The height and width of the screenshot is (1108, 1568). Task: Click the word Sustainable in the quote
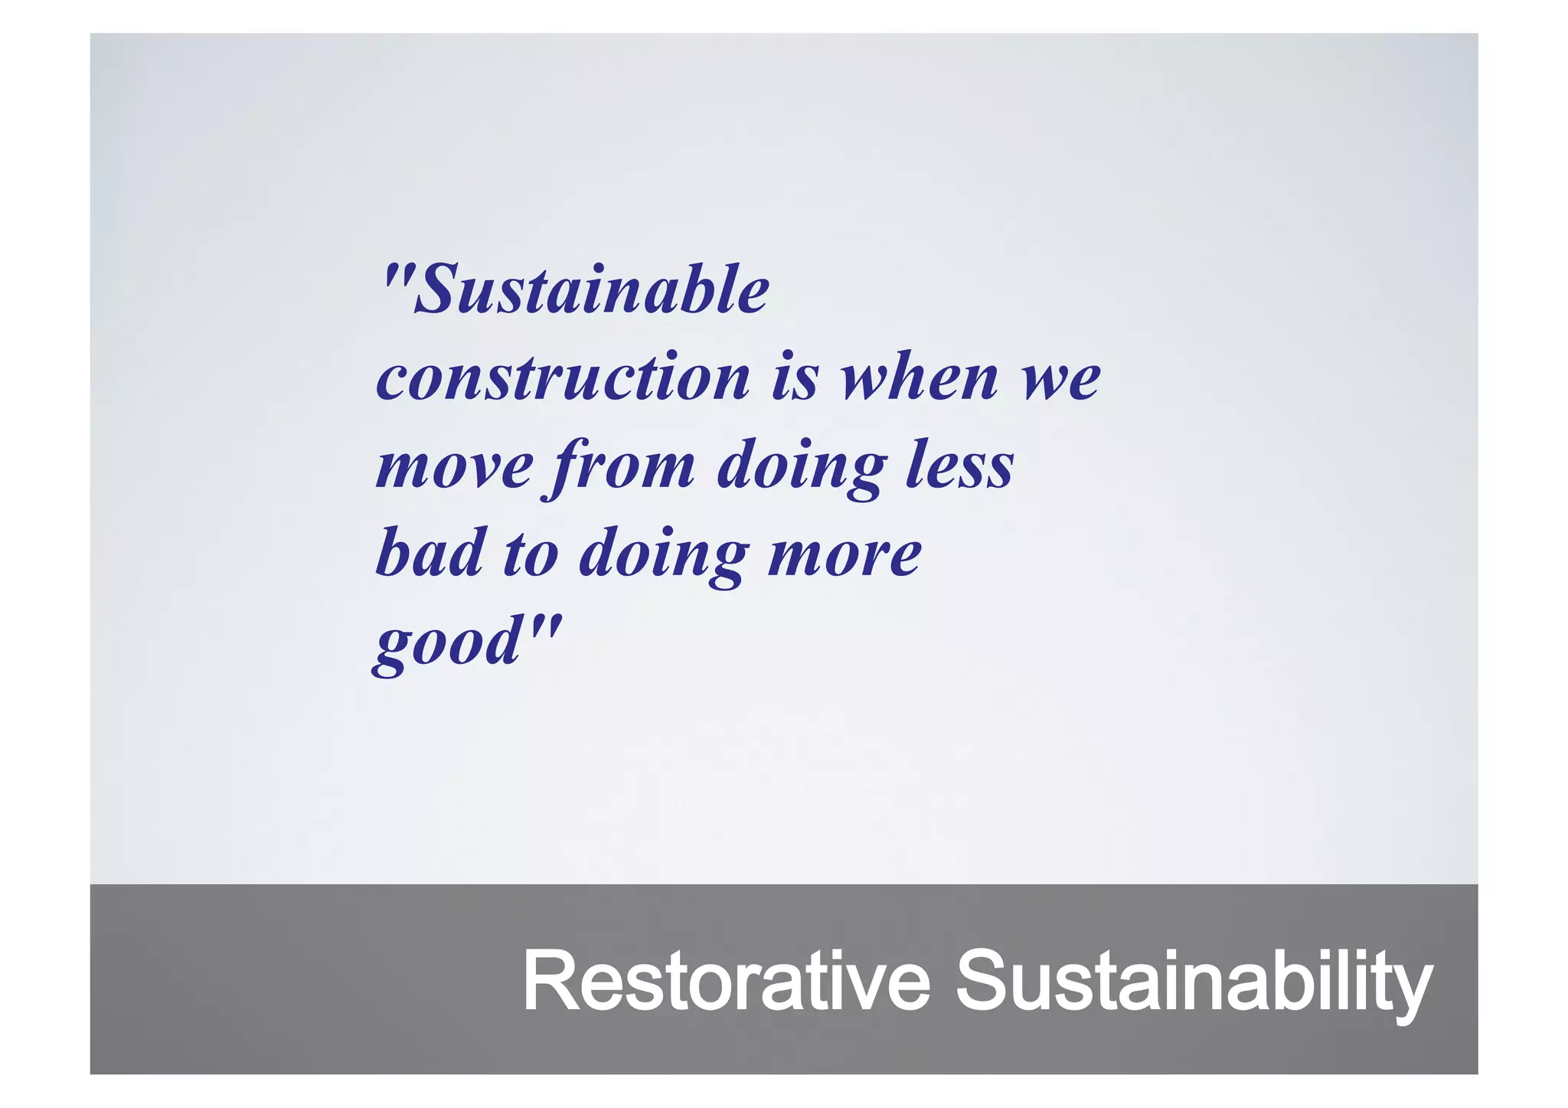591,290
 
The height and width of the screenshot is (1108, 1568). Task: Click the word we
1061,379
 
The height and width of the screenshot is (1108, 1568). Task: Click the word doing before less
801,467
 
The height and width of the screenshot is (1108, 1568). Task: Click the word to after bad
531,554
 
